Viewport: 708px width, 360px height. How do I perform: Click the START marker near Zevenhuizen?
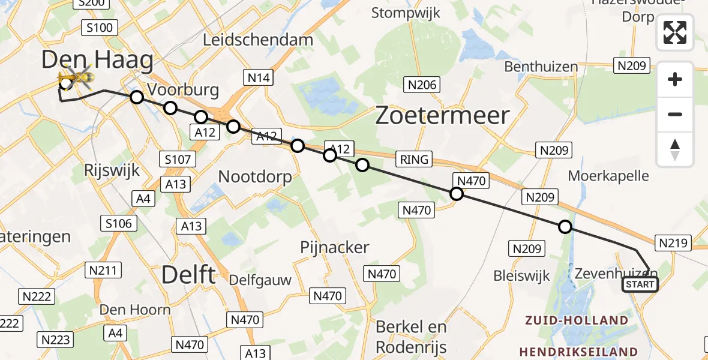coord(640,284)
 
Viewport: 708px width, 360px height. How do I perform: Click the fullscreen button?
coord(675,32)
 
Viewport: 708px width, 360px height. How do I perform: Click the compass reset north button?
coord(675,149)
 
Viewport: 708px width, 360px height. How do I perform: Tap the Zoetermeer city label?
coord(442,115)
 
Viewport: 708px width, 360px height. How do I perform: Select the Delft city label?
coord(188,275)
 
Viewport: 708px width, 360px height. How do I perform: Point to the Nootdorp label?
coord(255,177)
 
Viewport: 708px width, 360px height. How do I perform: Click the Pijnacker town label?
coord(335,247)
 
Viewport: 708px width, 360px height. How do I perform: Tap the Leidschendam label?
coord(258,40)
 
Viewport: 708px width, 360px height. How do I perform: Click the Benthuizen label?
coord(541,67)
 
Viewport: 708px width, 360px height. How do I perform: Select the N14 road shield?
coord(258,77)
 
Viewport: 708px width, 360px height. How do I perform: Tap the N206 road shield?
coord(423,85)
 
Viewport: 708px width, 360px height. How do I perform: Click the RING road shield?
coord(415,159)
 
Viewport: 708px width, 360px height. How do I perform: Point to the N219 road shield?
coord(675,242)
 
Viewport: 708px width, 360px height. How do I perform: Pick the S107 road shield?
coord(178,159)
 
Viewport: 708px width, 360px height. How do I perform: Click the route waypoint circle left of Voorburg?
coord(137,97)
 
